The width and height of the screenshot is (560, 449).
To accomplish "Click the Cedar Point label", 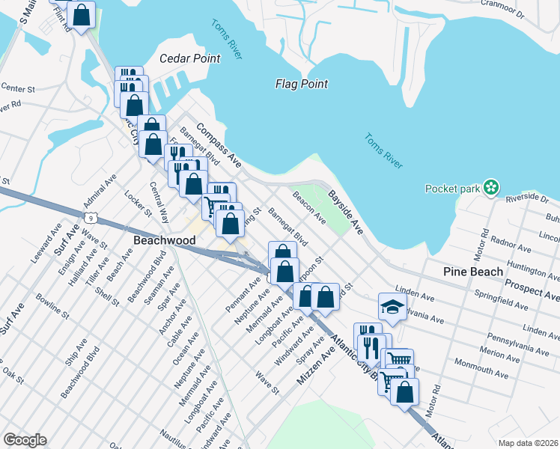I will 190,58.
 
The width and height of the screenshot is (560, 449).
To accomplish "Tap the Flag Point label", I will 301,84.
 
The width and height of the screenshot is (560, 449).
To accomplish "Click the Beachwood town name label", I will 164,240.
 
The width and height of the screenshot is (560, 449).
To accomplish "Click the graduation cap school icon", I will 392,306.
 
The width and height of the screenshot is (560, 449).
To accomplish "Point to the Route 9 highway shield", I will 90,217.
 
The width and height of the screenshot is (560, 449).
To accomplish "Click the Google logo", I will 25,440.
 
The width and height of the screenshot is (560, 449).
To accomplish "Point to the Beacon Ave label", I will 309,208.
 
